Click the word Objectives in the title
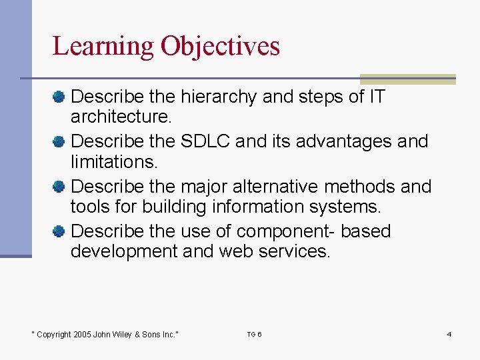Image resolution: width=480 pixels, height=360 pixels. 220,47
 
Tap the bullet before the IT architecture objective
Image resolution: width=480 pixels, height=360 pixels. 59,97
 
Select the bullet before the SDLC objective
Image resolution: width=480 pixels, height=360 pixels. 59,142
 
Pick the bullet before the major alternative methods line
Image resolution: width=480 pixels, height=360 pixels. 59,187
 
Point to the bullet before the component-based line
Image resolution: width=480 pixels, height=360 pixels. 59,231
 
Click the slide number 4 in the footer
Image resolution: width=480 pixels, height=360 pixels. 449,334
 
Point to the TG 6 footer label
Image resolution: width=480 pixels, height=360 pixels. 254,334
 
